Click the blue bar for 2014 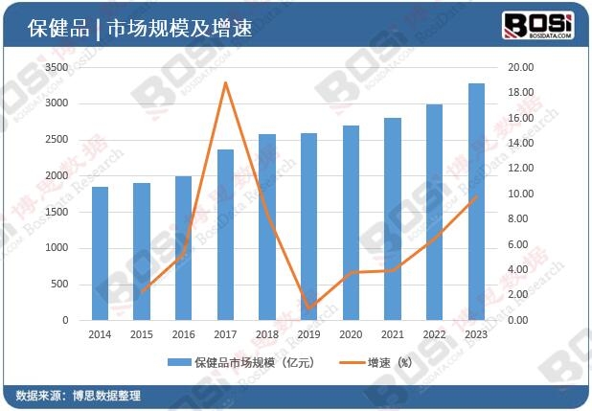click(x=100, y=254)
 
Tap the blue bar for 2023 click(x=476, y=201)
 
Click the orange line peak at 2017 click(x=225, y=82)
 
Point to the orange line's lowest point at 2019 click(x=308, y=308)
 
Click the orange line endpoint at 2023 click(x=476, y=196)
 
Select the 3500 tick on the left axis click(x=57, y=67)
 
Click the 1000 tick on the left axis click(x=57, y=248)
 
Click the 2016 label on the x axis click(x=183, y=334)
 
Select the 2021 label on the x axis click(x=393, y=334)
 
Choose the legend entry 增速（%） click(x=388, y=364)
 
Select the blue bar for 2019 click(x=308, y=226)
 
